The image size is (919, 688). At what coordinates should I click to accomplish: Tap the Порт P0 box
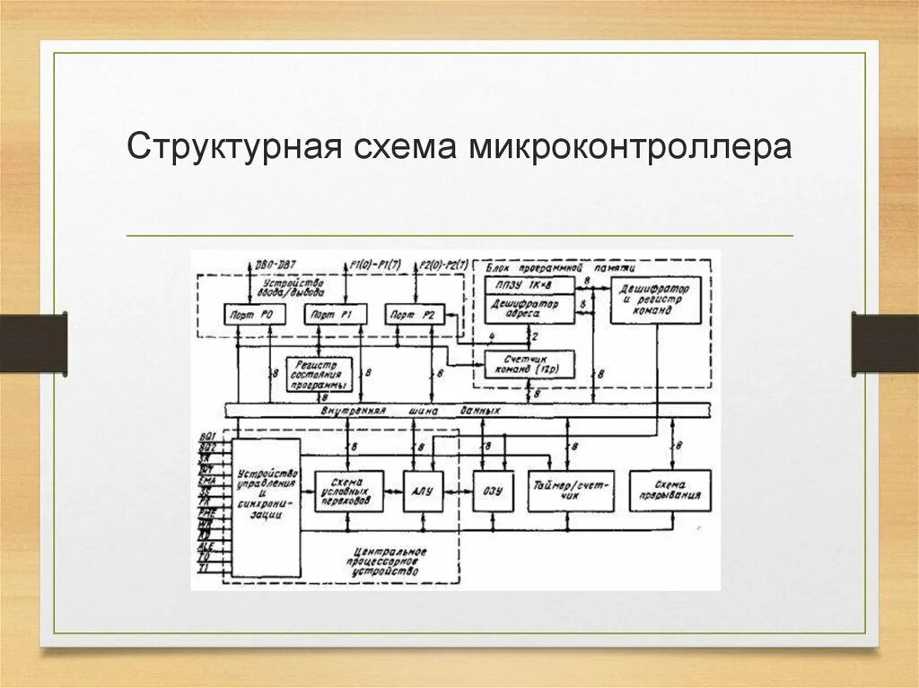(252, 314)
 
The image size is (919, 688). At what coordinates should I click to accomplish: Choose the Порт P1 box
(335, 314)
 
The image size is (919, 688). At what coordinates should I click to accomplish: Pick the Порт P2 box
(416, 314)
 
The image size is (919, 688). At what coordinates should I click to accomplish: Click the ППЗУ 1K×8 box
(529, 284)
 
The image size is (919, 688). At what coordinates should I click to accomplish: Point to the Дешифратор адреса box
(529, 310)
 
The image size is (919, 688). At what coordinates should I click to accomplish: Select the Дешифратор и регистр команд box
(655, 299)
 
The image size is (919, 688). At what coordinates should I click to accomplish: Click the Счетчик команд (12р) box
(529, 363)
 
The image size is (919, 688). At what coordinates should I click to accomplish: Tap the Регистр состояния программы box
(318, 375)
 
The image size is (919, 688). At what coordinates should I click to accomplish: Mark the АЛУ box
(422, 492)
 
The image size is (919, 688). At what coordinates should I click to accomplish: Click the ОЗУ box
(492, 492)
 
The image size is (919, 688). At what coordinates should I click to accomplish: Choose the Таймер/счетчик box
(571, 492)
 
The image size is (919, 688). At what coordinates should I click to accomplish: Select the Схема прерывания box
(670, 492)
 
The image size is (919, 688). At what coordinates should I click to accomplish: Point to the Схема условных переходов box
(348, 492)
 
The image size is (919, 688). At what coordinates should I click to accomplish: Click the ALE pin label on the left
(206, 546)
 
